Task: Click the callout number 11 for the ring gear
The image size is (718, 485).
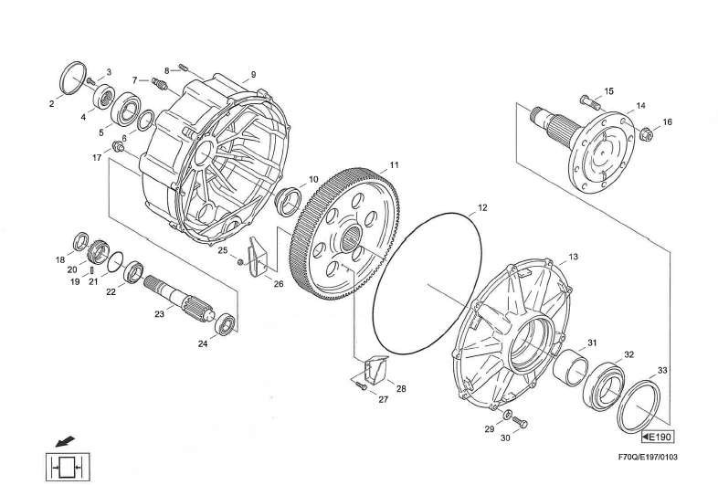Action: [395, 165]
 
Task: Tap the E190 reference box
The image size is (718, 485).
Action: [658, 437]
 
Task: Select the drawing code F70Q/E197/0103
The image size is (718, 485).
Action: [648, 457]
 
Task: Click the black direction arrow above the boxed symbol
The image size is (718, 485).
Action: [65, 442]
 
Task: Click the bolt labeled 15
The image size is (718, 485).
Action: [590, 102]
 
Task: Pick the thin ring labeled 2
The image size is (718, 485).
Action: [73, 78]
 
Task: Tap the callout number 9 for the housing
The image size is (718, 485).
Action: [253, 75]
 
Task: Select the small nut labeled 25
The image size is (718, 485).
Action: [239, 261]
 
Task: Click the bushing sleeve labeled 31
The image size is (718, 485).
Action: [570, 367]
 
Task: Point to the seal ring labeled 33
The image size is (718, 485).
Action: [639, 406]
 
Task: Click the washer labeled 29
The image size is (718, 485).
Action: [507, 415]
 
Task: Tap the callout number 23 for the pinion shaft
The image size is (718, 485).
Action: [159, 314]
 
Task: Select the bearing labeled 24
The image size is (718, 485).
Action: [226, 324]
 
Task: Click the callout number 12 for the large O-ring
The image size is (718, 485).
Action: [482, 208]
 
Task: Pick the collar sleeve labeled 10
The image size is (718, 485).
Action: [288, 201]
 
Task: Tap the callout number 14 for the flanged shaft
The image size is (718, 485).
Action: [640, 106]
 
